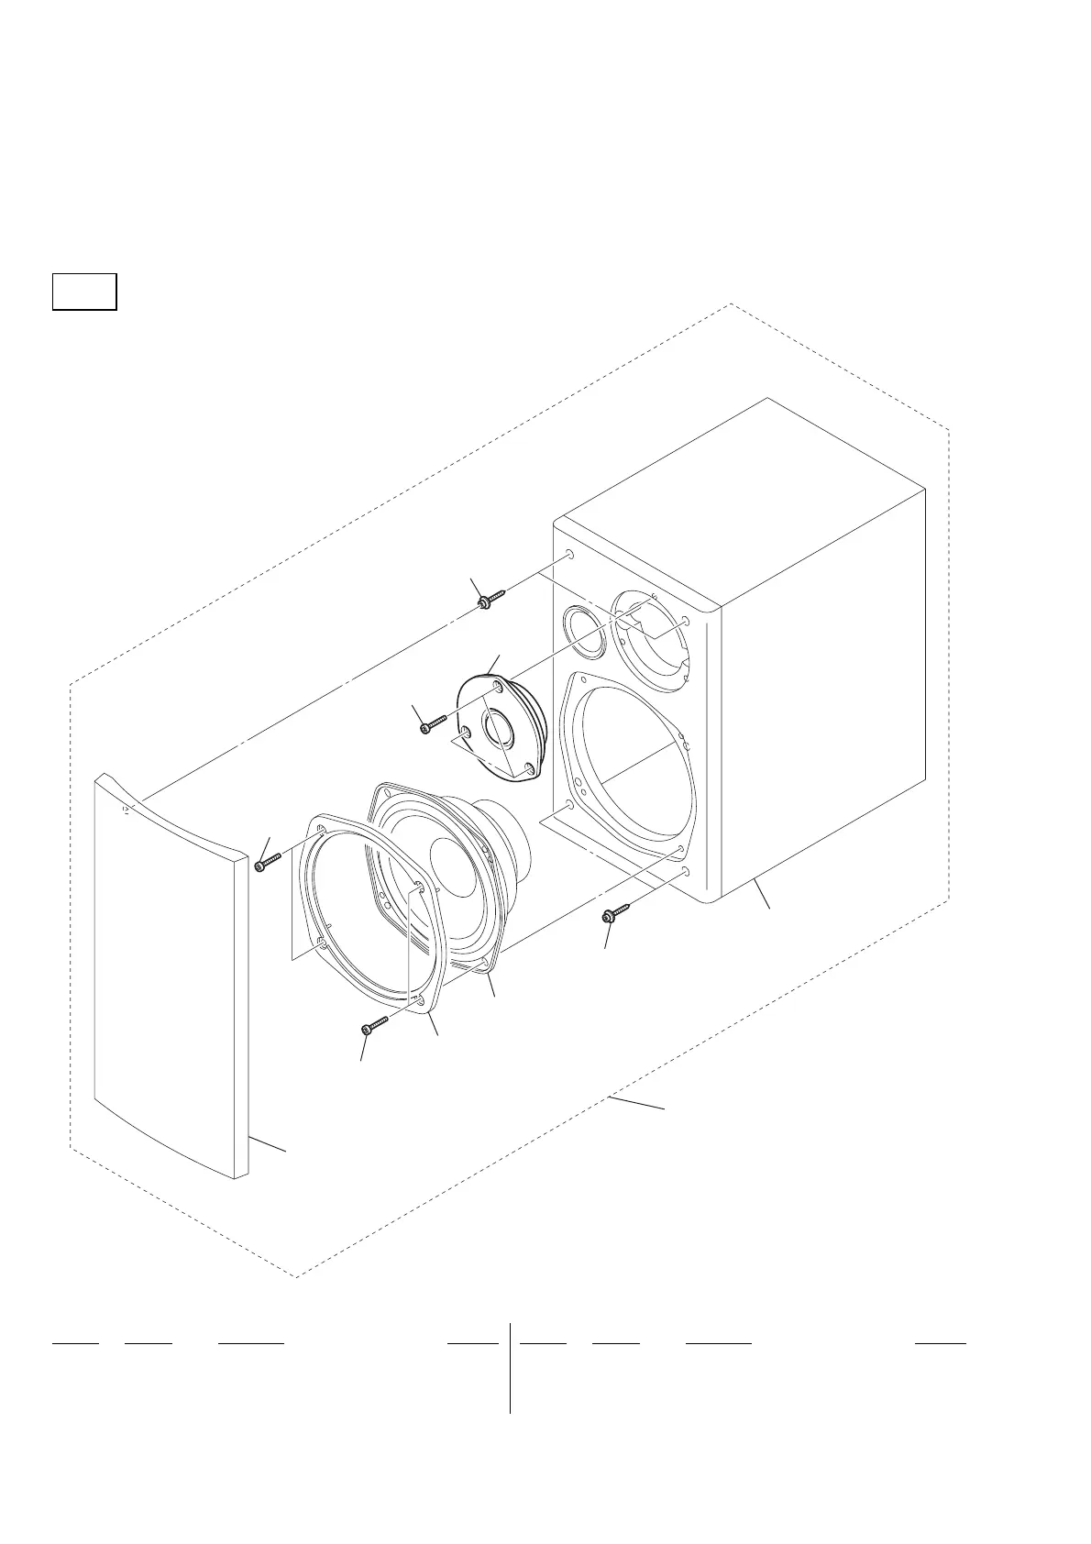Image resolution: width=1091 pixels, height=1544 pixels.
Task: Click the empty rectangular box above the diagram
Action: (84, 292)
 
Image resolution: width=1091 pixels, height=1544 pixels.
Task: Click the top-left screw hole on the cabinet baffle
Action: (570, 555)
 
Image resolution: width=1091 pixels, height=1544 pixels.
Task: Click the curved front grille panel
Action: (170, 972)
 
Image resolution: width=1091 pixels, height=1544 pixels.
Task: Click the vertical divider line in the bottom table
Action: (510, 1366)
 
